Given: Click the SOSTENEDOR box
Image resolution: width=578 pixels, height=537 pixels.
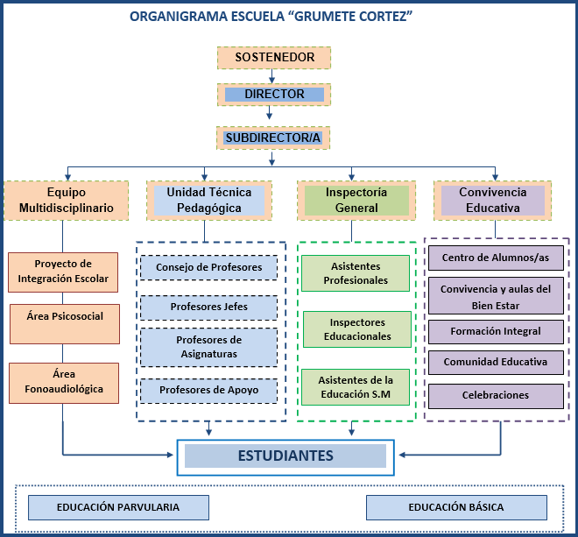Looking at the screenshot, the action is [274, 58].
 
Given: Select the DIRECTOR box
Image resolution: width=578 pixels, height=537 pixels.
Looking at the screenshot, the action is [274, 95].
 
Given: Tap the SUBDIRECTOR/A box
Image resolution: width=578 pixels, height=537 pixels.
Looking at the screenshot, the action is [273, 138].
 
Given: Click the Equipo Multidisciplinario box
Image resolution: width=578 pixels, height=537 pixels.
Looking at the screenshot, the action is [67, 201].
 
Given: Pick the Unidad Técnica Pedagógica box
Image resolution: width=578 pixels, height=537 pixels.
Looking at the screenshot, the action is [209, 201].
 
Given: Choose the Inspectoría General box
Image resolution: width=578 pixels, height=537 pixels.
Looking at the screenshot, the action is [356, 201].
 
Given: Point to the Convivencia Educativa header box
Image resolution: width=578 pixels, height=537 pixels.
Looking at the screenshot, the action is [492, 201].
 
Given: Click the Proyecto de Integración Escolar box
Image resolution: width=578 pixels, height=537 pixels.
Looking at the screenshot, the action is [63, 272].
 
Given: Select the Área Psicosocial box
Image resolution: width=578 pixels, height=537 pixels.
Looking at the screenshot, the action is [65, 324].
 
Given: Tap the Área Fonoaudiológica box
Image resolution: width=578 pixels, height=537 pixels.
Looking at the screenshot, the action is [64, 383].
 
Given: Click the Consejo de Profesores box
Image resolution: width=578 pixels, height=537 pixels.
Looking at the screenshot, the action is [208, 267].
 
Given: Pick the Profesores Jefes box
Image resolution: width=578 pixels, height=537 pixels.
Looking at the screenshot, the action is [208, 307].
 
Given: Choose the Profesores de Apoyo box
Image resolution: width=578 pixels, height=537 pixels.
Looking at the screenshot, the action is [208, 391].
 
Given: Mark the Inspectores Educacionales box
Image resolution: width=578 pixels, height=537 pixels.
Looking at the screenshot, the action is [357, 329].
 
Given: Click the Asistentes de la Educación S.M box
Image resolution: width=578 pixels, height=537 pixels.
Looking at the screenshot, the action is [356, 387].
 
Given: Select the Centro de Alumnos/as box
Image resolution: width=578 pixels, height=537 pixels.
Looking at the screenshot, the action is [496, 258].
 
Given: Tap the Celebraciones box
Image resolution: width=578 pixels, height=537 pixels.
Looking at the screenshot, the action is [496, 396].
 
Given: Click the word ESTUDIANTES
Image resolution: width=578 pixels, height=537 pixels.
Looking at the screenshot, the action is [285, 456].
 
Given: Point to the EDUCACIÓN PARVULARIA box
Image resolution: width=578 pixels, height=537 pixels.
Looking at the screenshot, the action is [118, 507].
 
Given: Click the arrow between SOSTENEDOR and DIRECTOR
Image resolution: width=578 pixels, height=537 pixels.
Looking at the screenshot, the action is [271, 76].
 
